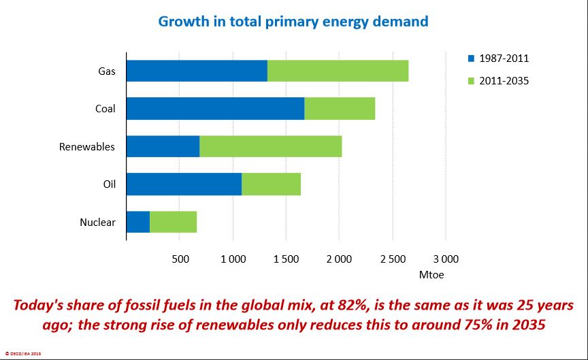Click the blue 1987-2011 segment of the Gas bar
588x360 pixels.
click(197, 71)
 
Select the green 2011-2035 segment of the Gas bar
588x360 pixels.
click(338, 71)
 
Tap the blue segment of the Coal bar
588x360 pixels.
click(215, 109)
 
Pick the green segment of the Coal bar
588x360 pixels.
click(340, 109)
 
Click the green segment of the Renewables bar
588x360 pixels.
click(270, 146)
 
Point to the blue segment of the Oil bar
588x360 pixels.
click(184, 184)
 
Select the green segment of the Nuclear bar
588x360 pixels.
click(173, 222)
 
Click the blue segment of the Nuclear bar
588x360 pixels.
click(138, 222)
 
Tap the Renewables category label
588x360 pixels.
click(87, 146)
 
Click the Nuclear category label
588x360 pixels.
click(97, 222)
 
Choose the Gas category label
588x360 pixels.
click(106, 71)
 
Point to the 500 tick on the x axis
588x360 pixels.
click(180, 259)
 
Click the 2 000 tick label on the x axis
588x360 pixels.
click(339, 259)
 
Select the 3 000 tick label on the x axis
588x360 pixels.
click(446, 259)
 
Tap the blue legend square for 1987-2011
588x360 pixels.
click(471, 59)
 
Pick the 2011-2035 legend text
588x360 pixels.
click(504, 81)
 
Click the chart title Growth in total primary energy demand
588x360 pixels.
click(293, 21)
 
